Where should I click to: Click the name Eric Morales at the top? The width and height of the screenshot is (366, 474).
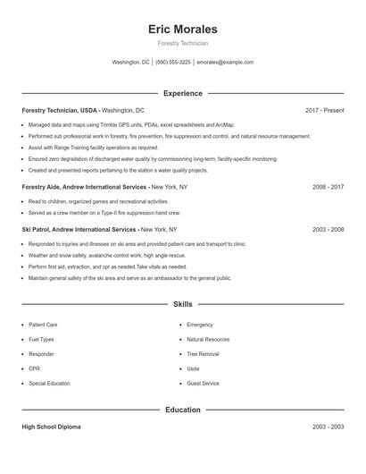(182, 29)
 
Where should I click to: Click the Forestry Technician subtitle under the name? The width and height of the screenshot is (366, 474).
(182, 44)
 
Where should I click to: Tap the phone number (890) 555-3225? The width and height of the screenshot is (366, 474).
(173, 63)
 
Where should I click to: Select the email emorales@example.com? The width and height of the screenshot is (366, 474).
(225, 63)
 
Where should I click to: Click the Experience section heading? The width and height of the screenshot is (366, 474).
(182, 93)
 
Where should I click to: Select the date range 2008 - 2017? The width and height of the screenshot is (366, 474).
(328, 187)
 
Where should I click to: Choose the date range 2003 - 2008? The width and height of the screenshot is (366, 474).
(328, 229)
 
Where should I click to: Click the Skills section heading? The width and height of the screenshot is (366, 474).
(182, 304)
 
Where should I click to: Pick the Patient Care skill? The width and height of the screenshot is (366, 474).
(43, 325)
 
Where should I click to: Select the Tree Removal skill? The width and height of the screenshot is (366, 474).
(203, 354)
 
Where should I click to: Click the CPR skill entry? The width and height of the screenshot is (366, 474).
(35, 368)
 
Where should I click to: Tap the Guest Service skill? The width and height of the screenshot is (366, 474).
(203, 383)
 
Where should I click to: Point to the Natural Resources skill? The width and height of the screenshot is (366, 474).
(208, 340)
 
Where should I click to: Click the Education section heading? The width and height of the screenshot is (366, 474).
(182, 410)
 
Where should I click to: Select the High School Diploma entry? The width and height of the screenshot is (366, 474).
(51, 427)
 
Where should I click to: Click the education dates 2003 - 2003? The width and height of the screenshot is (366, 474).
(328, 427)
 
